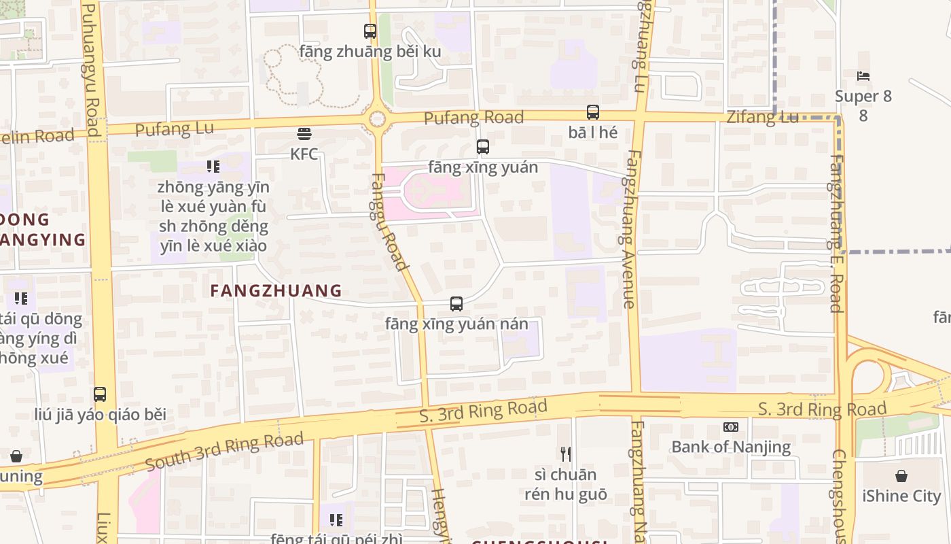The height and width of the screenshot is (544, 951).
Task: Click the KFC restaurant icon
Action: click(x=304, y=133)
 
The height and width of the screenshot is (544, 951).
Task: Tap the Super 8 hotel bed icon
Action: click(x=863, y=75)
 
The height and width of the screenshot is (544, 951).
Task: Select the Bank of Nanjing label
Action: click(x=731, y=447)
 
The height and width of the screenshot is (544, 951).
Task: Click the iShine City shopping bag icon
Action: click(x=901, y=476)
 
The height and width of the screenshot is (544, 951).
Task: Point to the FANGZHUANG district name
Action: click(x=276, y=291)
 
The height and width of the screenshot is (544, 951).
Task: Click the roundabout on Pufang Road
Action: click(x=377, y=120)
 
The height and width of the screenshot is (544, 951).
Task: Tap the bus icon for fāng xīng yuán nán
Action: click(x=456, y=304)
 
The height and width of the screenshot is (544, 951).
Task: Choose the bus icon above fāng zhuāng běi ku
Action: click(x=370, y=31)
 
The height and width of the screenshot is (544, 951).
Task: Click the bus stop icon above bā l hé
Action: click(x=593, y=112)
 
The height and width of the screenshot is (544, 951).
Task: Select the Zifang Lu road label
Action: click(x=762, y=117)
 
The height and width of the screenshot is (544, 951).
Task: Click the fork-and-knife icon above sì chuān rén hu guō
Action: click(x=565, y=454)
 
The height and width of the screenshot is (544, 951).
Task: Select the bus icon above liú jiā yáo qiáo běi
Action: click(x=100, y=394)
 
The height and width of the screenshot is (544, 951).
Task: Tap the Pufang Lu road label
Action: click(x=175, y=129)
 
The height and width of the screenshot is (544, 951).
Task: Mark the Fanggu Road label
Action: click(x=389, y=221)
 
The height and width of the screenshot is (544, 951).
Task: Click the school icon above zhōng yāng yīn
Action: click(x=213, y=167)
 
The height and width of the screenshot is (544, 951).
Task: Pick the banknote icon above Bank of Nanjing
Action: click(x=731, y=427)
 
